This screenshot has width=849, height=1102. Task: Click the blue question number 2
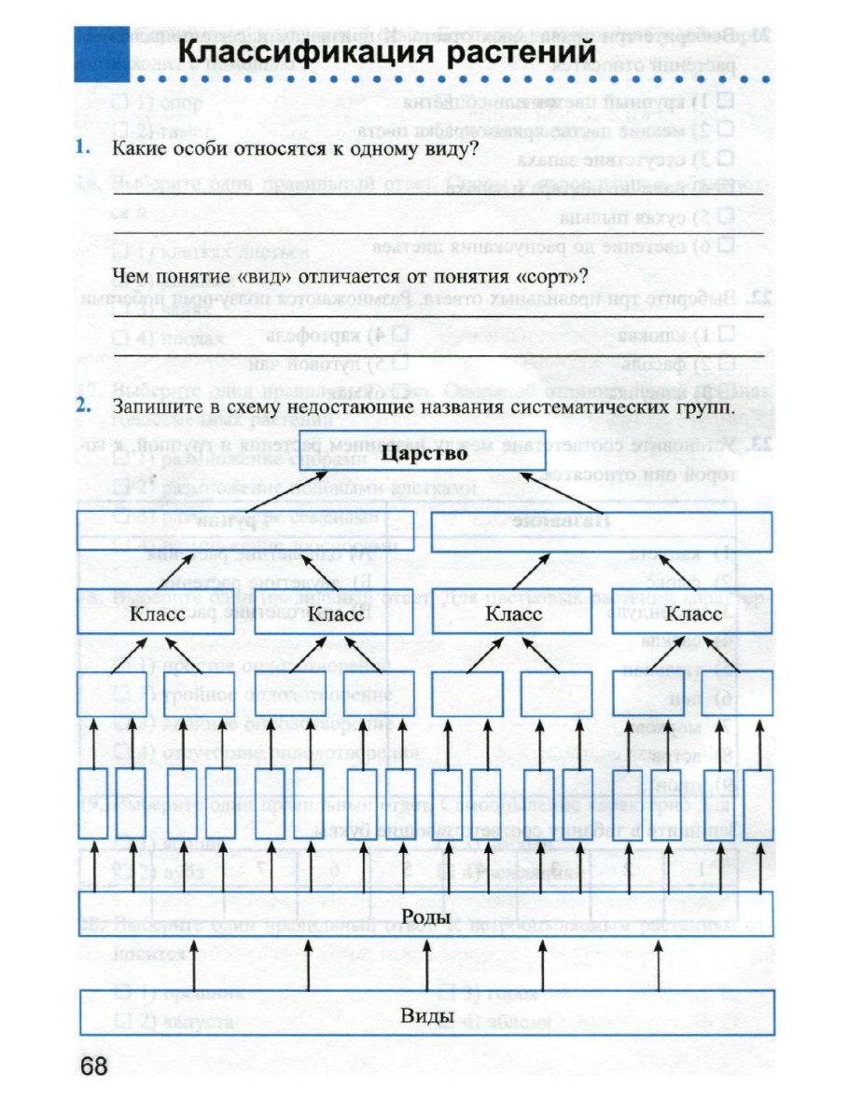coord(84,406)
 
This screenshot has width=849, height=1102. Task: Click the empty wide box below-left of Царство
coord(246,530)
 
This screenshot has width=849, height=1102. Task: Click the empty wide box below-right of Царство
coord(604,530)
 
